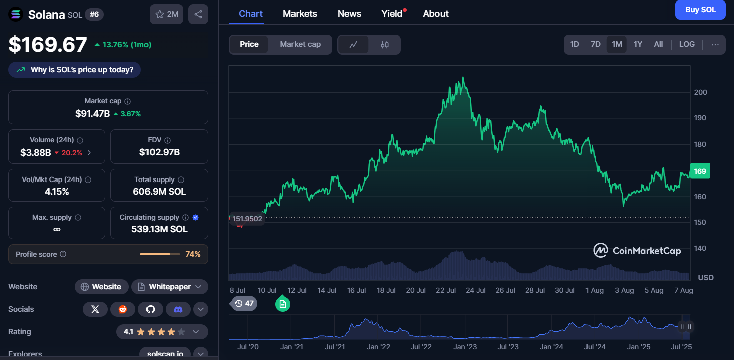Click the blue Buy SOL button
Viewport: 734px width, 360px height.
(x=700, y=10)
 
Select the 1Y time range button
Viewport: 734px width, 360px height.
(x=638, y=44)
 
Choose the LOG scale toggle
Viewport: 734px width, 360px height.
(x=687, y=44)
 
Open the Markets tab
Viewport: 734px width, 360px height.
(x=300, y=14)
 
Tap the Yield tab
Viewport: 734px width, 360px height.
(x=392, y=14)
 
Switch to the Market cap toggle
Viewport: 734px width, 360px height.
(x=300, y=44)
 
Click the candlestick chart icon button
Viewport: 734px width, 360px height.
(x=385, y=45)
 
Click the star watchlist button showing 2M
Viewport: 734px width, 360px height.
(x=167, y=14)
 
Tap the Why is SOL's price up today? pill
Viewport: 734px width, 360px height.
(x=75, y=70)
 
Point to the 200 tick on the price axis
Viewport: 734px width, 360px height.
(x=700, y=92)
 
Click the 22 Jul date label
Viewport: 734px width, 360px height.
(x=446, y=290)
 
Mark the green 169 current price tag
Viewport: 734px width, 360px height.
(x=700, y=171)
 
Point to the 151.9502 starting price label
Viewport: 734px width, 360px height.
(x=247, y=219)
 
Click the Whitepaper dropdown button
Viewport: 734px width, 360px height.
(x=170, y=287)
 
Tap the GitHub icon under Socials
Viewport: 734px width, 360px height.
(x=151, y=309)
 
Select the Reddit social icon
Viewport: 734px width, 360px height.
(x=123, y=309)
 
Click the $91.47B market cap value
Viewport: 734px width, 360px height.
(x=92, y=114)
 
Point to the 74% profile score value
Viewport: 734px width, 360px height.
(x=193, y=254)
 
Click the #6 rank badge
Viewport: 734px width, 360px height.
(x=94, y=14)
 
